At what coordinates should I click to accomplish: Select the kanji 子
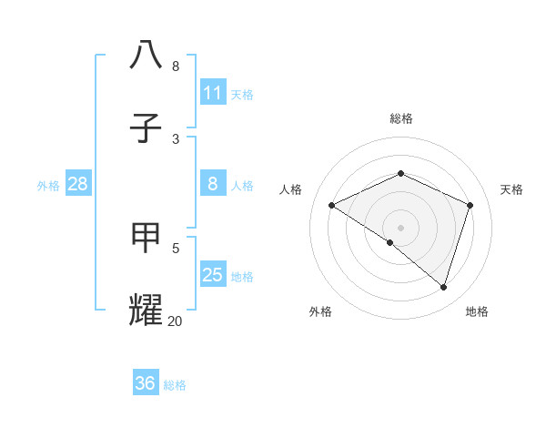pos(147,127)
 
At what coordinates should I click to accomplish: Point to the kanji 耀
pos(147,310)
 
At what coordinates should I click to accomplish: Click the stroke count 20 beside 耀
pos(176,321)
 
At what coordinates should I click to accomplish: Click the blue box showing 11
pos(213,93)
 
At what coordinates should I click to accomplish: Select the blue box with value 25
pos(213,275)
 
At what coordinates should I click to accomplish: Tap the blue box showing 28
pos(78,184)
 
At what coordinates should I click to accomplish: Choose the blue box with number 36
pos(146,383)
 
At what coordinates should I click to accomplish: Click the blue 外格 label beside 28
pos(48,185)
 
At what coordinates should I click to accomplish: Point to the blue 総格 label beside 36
pos(175,385)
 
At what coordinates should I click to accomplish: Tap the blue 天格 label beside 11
pos(242,94)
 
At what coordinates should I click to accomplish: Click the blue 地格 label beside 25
pos(242,276)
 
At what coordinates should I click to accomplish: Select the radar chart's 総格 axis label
pos(400,118)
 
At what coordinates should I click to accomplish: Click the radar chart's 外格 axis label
pos(320,311)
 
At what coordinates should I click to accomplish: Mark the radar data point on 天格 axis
pos(470,205)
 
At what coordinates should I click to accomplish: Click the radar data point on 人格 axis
pos(332,206)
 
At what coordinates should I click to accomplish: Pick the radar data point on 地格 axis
pos(443,287)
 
